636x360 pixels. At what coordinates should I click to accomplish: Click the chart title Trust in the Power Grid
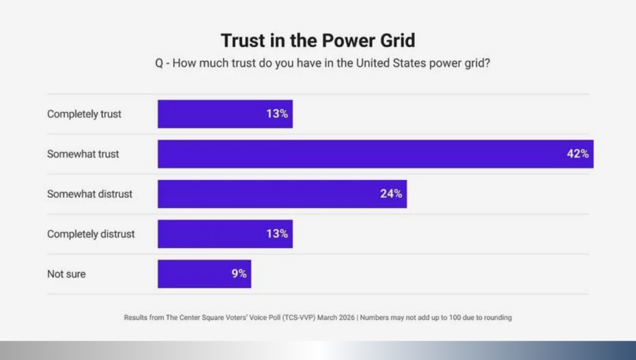coord(318,41)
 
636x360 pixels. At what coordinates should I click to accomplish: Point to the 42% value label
coord(577,154)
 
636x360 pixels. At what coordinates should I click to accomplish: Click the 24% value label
coord(391,194)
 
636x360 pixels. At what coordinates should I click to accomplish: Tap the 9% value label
coord(239,274)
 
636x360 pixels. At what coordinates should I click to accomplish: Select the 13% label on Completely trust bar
coord(277,114)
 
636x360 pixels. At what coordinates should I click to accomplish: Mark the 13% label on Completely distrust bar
coord(277,234)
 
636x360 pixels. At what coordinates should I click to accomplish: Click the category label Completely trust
coord(84,114)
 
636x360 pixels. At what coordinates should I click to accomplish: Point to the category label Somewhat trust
coord(83,154)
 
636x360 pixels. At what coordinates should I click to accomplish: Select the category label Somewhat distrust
coord(90,194)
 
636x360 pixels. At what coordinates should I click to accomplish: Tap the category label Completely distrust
coord(91,234)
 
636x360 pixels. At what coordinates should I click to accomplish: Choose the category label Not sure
coord(66,274)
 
